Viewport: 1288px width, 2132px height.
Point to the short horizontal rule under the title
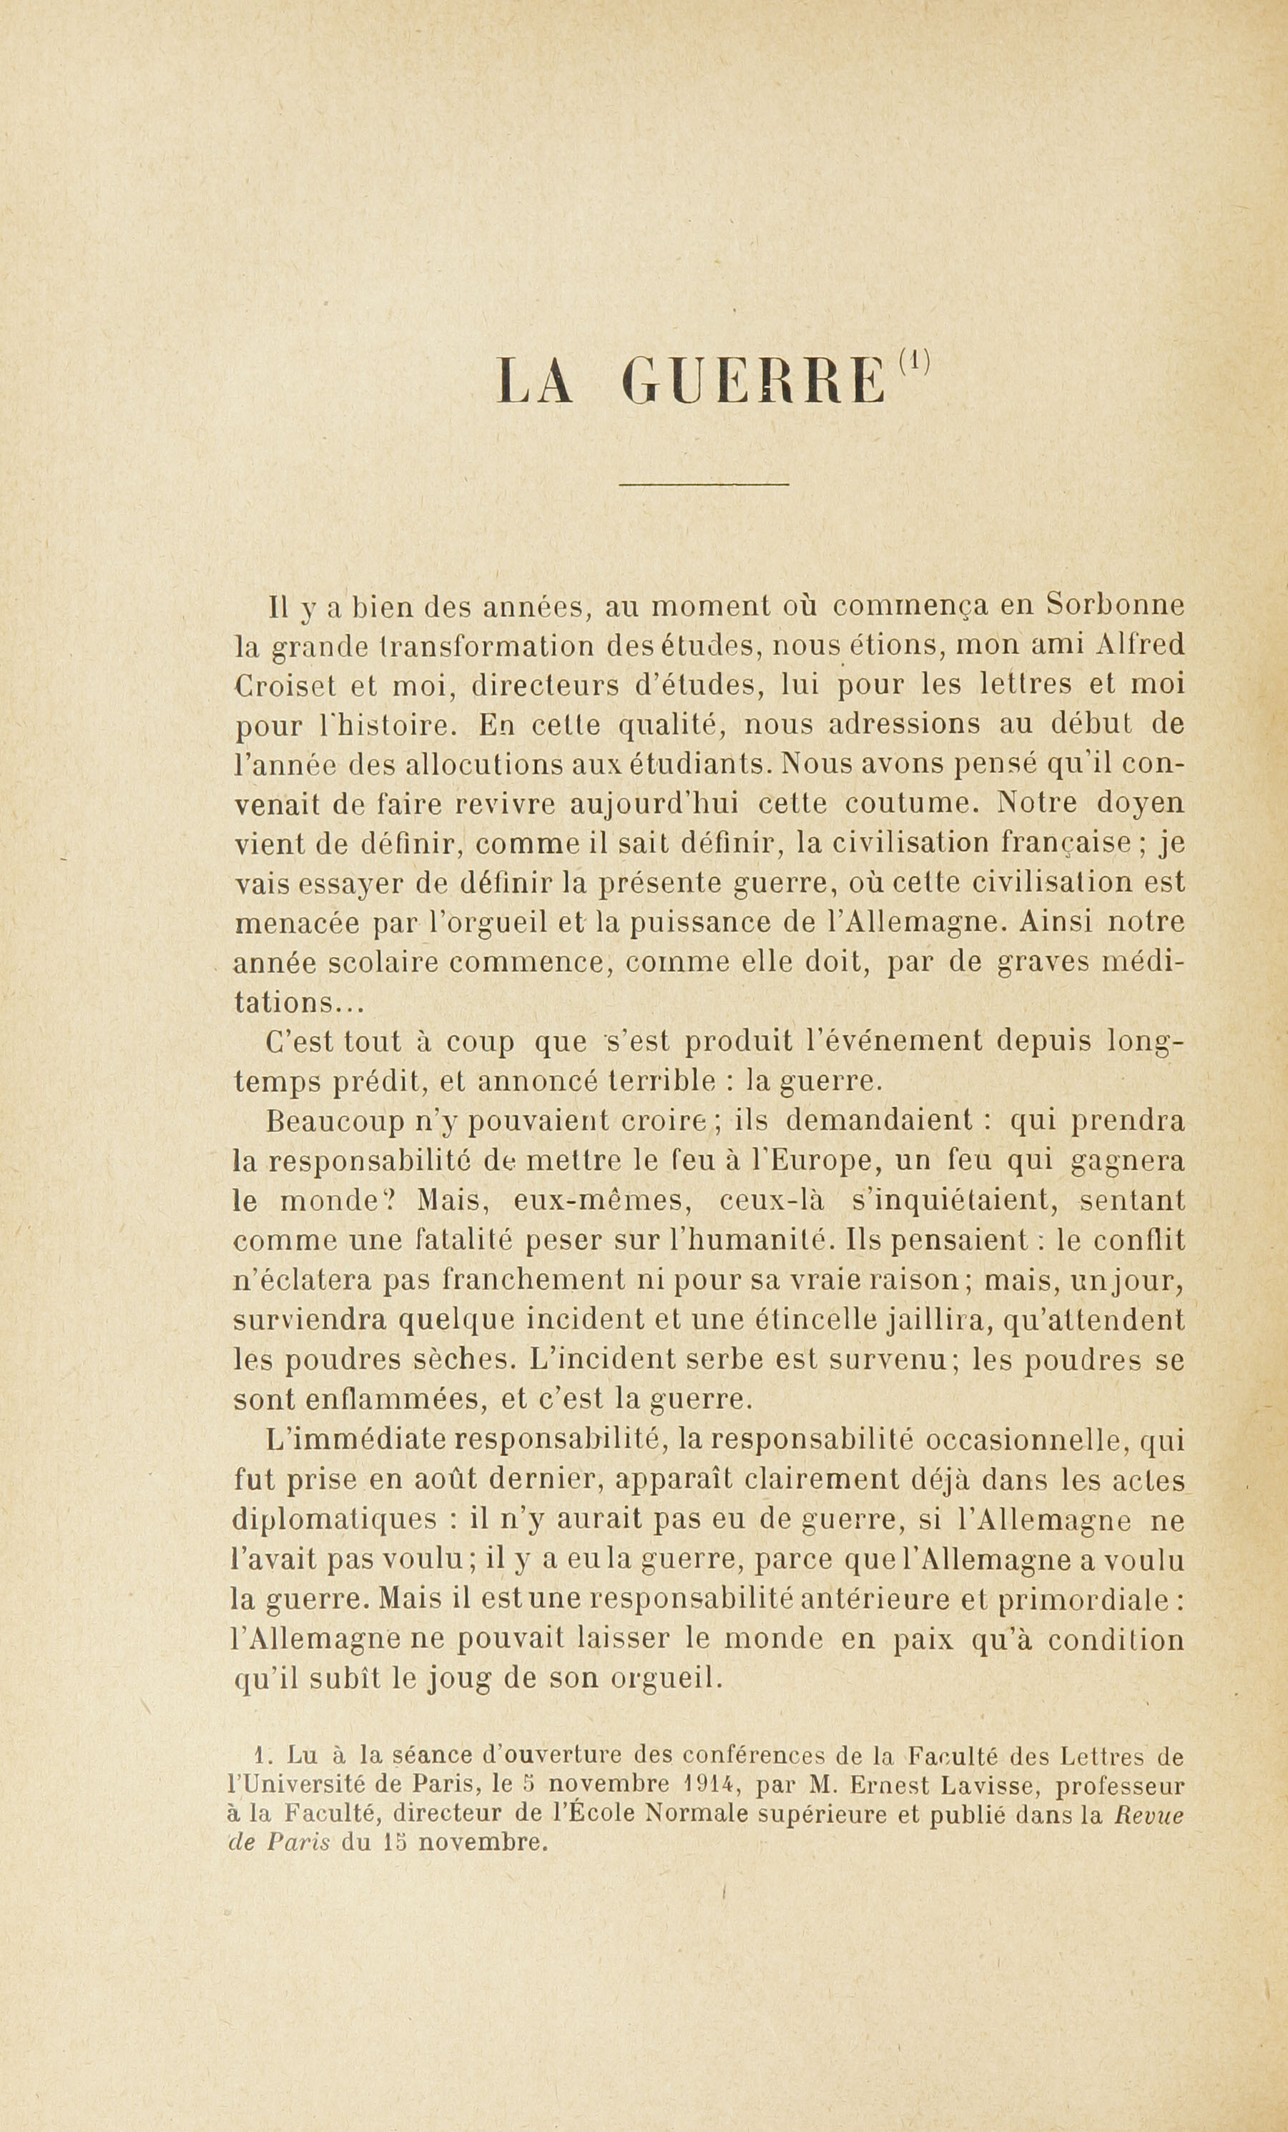704,483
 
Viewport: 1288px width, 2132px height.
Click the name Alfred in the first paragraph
1139,646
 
